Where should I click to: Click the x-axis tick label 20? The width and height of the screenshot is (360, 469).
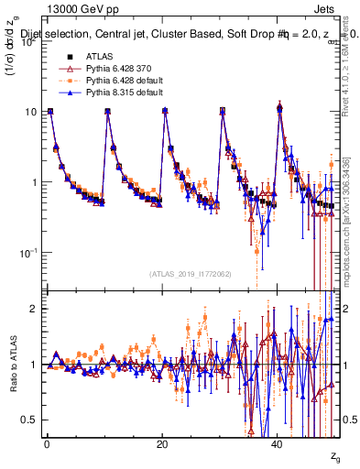(x=162, y=442)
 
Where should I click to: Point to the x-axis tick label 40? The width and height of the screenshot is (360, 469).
(x=278, y=442)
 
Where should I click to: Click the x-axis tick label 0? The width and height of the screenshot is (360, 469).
(x=47, y=442)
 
